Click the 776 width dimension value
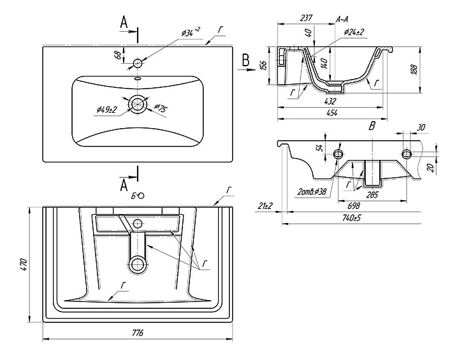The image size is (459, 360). (137, 333)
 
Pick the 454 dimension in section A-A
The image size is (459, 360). (332, 112)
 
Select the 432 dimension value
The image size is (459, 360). (330, 101)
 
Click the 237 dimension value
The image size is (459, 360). (305, 19)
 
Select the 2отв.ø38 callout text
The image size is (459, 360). (312, 191)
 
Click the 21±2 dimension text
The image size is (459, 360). (266, 205)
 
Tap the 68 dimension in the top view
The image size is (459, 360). (117, 55)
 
